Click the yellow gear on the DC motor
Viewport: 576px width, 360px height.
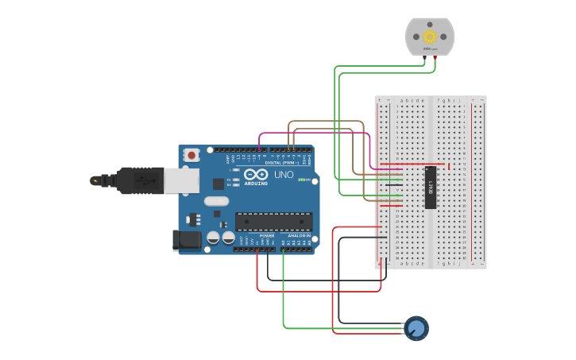click(x=430, y=36)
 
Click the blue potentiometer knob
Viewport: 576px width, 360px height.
click(x=416, y=328)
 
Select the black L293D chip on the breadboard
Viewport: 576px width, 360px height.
click(x=430, y=188)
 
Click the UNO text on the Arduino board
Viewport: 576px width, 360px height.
click(x=284, y=175)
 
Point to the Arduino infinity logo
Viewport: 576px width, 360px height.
click(x=256, y=175)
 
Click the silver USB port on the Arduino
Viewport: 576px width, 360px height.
click(x=182, y=181)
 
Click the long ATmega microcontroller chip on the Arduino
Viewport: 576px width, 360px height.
click(x=273, y=221)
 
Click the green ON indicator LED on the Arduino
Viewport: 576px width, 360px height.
click(x=301, y=180)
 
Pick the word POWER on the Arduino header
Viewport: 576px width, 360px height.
click(x=267, y=236)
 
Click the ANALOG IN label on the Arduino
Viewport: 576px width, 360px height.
click(x=299, y=236)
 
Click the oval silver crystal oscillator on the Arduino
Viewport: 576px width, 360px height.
click(x=216, y=201)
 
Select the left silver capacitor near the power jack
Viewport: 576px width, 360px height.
click(x=213, y=237)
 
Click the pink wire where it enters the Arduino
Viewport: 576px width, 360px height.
click(x=260, y=149)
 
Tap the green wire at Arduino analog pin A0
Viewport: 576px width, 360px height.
click(x=284, y=250)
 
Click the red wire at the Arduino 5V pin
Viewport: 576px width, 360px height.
click(x=257, y=250)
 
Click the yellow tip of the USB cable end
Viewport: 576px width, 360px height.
click(x=95, y=181)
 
